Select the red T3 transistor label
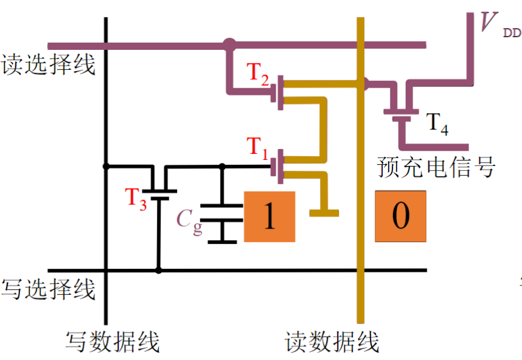(x=136, y=199)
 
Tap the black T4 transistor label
(x=436, y=123)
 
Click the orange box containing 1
(x=270, y=217)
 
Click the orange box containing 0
(x=400, y=217)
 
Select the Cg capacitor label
(x=189, y=220)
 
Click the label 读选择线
(x=49, y=64)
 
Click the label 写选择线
(x=49, y=289)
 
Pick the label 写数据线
(x=113, y=342)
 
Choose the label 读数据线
(x=332, y=342)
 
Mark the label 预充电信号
(x=436, y=167)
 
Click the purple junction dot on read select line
(x=229, y=44)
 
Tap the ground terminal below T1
(x=324, y=212)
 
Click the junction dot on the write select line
(x=159, y=270)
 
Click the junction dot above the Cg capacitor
(x=222, y=166)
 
